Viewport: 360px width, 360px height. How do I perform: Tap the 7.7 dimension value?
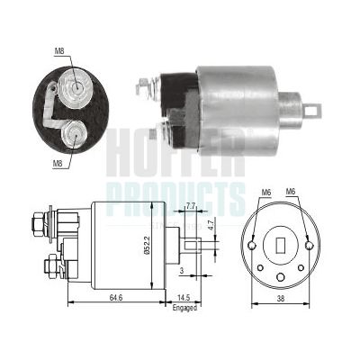(x=190, y=206)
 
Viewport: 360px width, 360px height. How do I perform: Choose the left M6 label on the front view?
(x=266, y=193)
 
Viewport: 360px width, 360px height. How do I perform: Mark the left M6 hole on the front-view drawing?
(x=254, y=245)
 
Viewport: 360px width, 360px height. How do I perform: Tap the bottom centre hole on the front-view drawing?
(x=281, y=277)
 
